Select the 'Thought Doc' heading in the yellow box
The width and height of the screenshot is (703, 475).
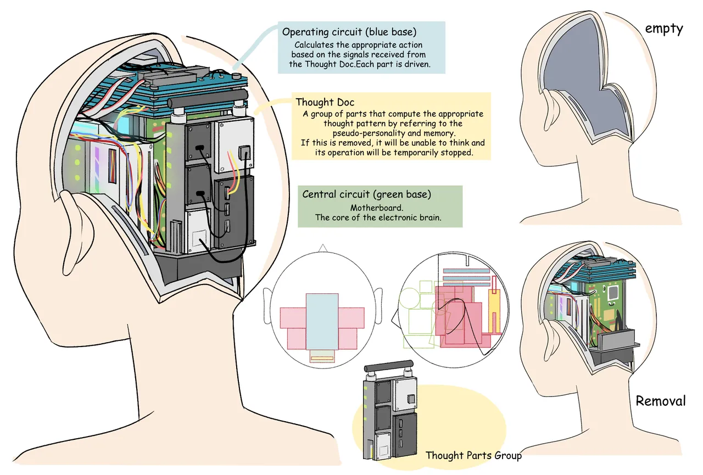point(325,102)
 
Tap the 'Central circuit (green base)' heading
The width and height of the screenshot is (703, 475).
point(366,194)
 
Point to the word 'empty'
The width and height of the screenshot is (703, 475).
point(664,29)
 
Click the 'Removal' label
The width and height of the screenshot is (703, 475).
point(661,401)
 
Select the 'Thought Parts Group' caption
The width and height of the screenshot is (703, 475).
point(473,455)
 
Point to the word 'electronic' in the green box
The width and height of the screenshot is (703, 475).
point(413,217)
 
